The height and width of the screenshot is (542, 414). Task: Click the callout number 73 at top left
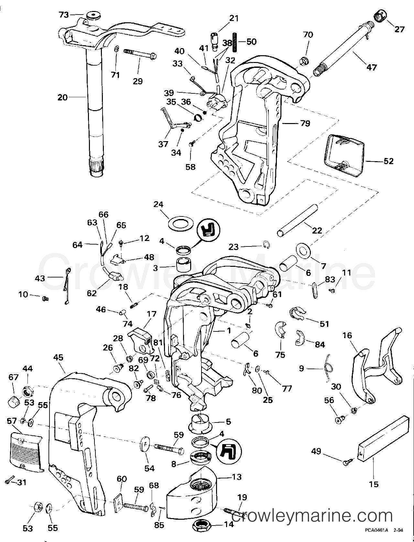tap(64, 15)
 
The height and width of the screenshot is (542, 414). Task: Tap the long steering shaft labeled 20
tap(95, 107)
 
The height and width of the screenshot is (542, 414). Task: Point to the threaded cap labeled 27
tap(381, 15)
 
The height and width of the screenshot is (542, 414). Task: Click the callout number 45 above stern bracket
tap(59, 358)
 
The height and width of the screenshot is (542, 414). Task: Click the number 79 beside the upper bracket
tap(305, 123)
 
